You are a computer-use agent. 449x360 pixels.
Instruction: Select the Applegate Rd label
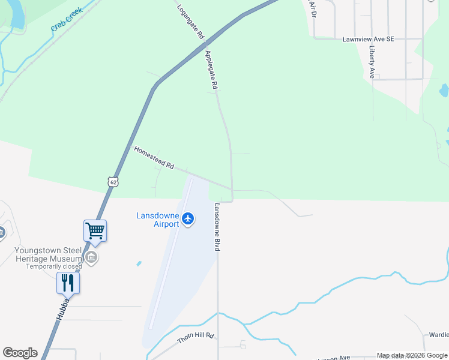[x=211, y=70]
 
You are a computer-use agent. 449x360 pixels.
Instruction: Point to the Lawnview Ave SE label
[x=368, y=39]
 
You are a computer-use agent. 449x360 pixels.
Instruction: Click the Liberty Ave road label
[x=372, y=62]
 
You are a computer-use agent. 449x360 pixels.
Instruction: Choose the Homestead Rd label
[x=154, y=157]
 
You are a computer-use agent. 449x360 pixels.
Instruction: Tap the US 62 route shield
[x=113, y=181]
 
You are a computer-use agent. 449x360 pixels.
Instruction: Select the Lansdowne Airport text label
[x=158, y=220]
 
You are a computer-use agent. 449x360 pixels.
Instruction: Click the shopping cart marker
[x=95, y=230]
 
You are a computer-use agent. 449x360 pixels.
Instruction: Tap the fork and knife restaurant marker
[x=68, y=283]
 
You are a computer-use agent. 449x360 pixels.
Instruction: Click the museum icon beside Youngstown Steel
[x=91, y=258]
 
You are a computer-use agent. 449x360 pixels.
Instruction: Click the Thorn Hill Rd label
[x=196, y=339]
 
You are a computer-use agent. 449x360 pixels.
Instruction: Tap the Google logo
[x=20, y=353]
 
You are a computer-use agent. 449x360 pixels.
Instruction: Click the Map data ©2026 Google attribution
[x=411, y=355]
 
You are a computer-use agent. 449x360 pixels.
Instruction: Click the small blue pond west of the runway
[x=139, y=263]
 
